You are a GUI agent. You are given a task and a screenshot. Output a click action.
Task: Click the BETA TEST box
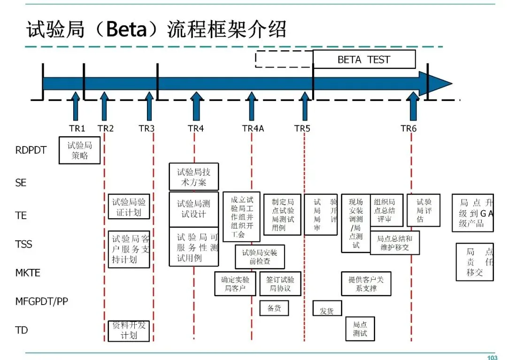point(364,60)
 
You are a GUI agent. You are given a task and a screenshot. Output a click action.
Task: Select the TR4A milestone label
point(253,128)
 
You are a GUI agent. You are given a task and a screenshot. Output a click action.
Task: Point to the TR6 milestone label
point(408,128)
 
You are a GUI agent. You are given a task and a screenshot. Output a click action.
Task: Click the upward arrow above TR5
point(305,106)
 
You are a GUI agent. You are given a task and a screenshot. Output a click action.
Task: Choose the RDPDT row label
point(31,151)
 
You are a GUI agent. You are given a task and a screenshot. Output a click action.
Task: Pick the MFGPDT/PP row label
point(41,301)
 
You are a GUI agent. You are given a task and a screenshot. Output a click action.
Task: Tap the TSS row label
point(24,244)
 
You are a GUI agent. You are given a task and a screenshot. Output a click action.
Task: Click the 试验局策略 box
point(79,150)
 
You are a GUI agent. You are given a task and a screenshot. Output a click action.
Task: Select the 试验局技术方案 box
point(193,177)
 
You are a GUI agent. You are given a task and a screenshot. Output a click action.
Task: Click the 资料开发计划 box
point(129,330)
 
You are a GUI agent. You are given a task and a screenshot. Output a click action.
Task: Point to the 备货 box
point(274,308)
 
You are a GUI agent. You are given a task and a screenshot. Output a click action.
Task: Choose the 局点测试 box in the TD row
point(360,329)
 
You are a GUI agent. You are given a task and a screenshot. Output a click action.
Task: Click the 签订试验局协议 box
point(280,284)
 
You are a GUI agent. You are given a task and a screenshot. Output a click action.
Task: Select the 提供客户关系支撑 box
point(366,284)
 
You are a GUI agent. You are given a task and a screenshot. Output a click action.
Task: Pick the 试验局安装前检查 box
point(260,257)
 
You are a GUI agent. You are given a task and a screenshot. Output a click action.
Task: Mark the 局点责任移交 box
point(475,262)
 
